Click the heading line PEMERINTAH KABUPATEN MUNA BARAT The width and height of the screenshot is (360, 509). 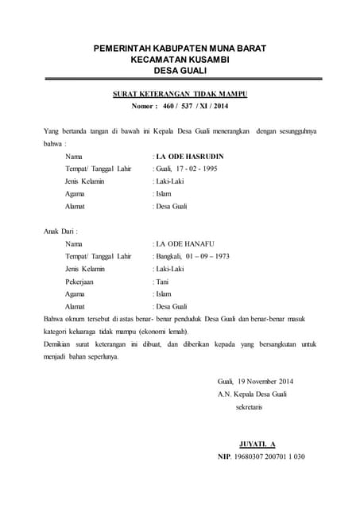[180, 49]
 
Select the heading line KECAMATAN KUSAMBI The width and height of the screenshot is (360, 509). [180, 60]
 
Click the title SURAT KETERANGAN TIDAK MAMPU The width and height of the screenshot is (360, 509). [180, 94]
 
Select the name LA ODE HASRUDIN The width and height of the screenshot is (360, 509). [188, 157]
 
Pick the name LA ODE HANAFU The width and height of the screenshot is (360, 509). [186, 243]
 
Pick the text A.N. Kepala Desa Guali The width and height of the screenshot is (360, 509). [252, 394]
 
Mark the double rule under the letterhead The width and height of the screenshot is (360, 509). [180, 80]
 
